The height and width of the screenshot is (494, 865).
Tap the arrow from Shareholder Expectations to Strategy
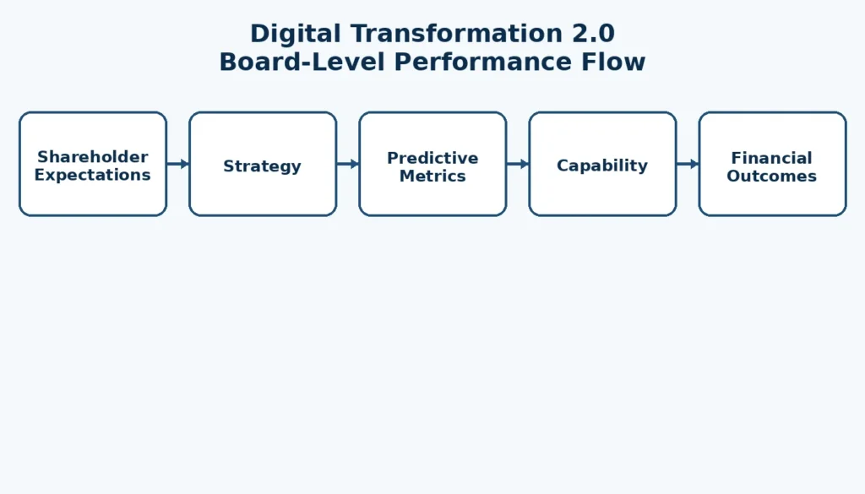point(177,164)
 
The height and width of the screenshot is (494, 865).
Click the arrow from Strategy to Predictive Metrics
point(347,164)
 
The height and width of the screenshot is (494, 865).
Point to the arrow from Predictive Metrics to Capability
point(517,164)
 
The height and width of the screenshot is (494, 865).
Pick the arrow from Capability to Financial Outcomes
point(687,164)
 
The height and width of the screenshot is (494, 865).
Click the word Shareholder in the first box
point(93,157)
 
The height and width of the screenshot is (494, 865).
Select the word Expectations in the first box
point(93,176)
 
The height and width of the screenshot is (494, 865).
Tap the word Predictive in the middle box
point(432,158)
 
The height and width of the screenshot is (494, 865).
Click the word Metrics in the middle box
point(432,176)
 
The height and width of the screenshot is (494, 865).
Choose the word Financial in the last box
point(772,158)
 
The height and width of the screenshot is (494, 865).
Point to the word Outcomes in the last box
point(772,176)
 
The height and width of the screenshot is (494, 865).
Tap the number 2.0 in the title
point(591,34)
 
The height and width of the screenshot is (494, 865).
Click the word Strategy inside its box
point(263,166)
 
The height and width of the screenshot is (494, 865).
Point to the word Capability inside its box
point(602,166)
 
